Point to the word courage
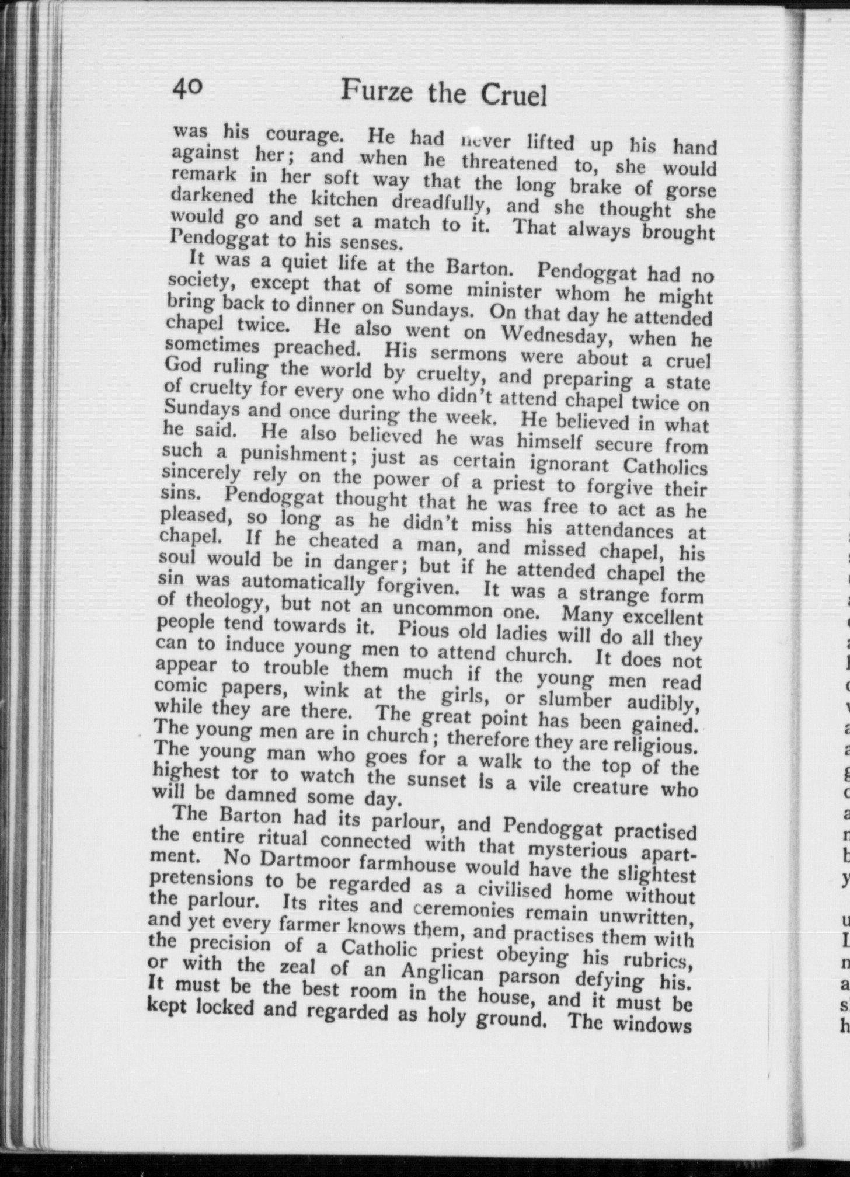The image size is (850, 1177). (305, 135)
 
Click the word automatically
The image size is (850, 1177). (304, 581)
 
